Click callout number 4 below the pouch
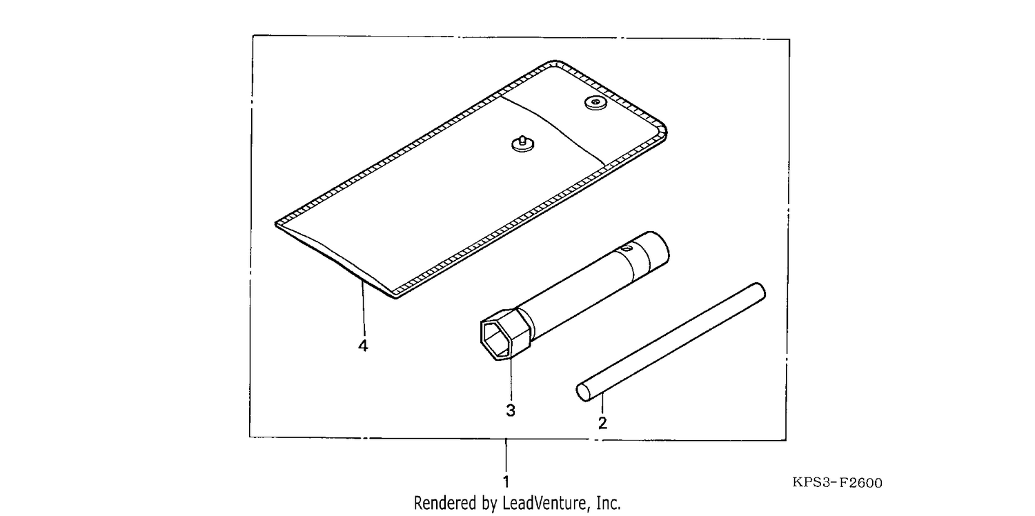coord(363,346)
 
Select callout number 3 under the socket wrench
coord(510,410)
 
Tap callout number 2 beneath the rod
coord(602,423)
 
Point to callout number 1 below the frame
coord(506,482)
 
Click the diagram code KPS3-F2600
coord(837,483)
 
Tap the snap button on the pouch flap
coord(595,103)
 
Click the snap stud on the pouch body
coord(523,144)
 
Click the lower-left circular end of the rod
coord(583,393)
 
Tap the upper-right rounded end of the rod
coord(759,291)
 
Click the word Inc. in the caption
coord(609,503)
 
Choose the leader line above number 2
coord(602,403)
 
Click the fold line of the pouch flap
coord(553,130)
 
